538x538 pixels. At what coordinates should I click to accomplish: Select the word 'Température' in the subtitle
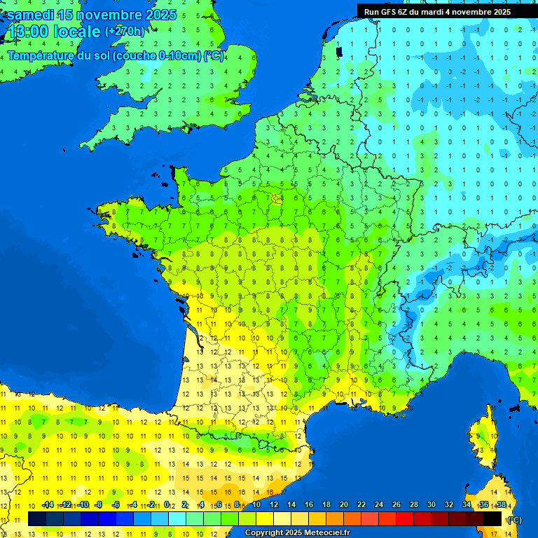42,56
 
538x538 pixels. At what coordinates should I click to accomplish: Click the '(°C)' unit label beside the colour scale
513,519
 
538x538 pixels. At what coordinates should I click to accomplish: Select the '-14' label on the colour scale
48,505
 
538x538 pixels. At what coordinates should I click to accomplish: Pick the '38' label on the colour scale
501,505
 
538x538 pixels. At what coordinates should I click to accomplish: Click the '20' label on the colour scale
344,505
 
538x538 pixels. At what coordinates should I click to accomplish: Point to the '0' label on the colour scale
167,505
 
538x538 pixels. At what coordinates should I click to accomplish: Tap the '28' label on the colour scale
413,505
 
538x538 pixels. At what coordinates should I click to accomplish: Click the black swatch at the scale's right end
492,518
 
